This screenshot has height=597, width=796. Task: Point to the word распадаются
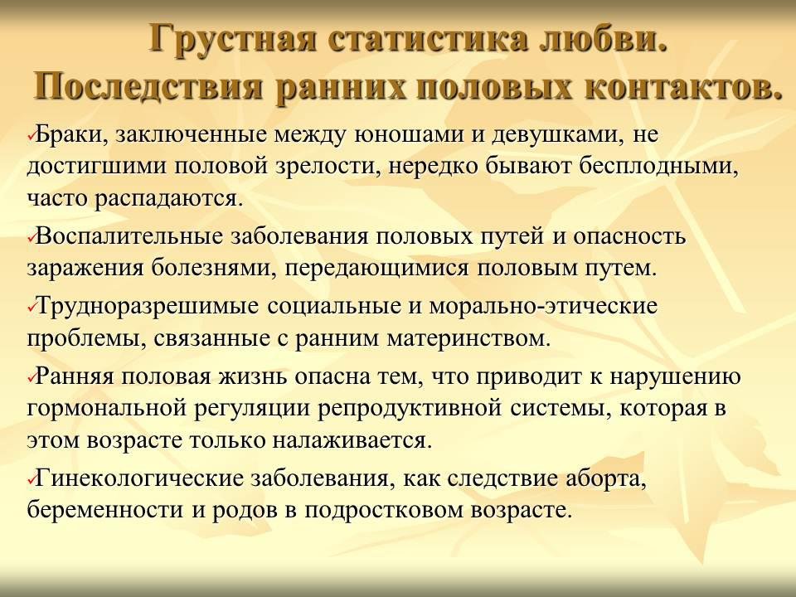tap(166, 199)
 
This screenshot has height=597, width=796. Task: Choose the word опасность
tap(629, 237)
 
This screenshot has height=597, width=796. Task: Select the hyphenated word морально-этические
tap(542, 306)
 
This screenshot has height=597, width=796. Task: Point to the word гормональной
tap(107, 409)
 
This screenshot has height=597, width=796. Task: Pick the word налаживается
tap(352, 440)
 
